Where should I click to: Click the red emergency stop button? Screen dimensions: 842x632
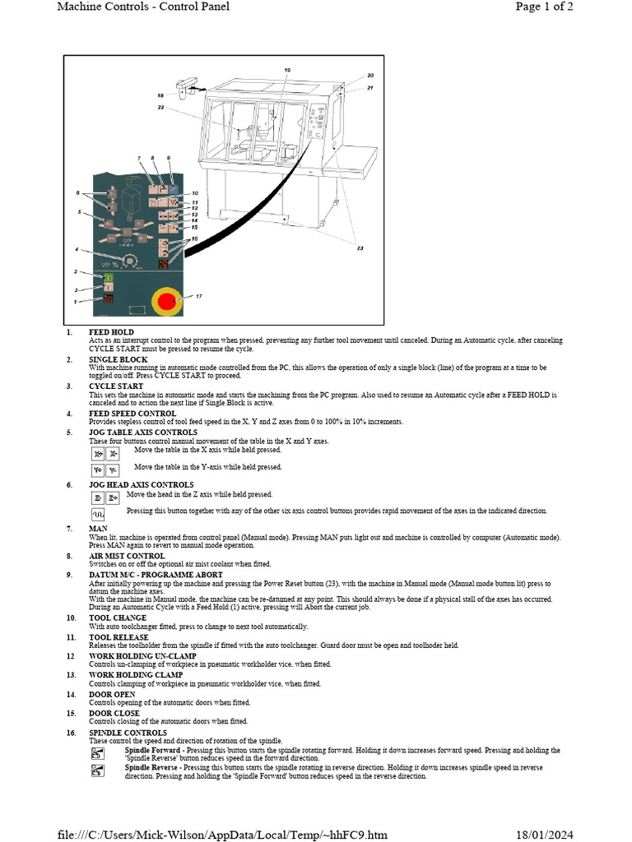[x=166, y=302]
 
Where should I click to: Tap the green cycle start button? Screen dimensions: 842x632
[x=107, y=279]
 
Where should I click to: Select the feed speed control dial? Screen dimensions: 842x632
[x=128, y=261]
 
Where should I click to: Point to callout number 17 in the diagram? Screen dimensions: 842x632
[x=198, y=296]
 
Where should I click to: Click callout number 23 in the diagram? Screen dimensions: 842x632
[x=359, y=248]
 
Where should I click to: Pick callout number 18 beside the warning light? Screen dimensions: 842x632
[x=160, y=95]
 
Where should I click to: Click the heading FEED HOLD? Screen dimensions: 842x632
[x=111, y=331]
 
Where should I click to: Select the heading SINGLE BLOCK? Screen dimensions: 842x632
[x=118, y=360]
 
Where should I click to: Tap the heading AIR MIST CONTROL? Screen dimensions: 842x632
[x=128, y=556]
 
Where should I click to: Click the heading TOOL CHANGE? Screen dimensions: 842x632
[x=118, y=618]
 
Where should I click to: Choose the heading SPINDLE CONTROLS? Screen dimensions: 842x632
[x=128, y=733]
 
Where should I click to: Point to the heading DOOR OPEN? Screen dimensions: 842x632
[x=112, y=694]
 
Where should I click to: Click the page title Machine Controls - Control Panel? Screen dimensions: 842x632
[x=143, y=7]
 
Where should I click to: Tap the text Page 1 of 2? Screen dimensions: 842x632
[x=544, y=7]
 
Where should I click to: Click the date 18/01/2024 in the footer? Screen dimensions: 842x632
[x=544, y=835]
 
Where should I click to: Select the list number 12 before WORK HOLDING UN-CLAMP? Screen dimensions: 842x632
[x=71, y=656]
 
